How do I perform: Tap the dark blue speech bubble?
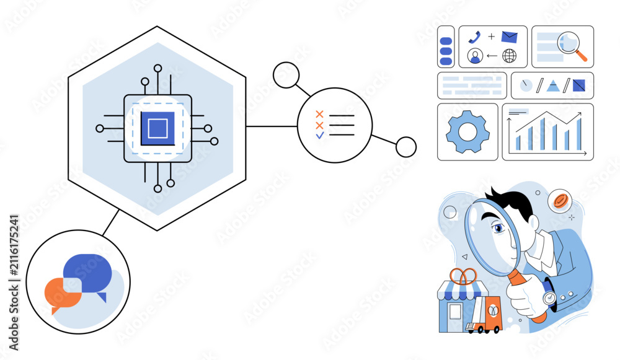click(x=89, y=273)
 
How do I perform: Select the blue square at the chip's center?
click(x=157, y=128)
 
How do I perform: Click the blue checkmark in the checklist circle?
click(x=320, y=135)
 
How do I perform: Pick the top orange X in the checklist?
click(x=319, y=114)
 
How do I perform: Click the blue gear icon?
click(x=467, y=132)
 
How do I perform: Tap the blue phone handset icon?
click(x=474, y=37)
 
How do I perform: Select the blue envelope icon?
click(x=509, y=37)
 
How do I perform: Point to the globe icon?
click(x=509, y=56)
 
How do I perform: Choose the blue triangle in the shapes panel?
click(x=552, y=86)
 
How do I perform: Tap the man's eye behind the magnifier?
click(x=498, y=228)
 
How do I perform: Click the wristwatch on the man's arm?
click(x=549, y=296)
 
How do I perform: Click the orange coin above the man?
click(x=560, y=201)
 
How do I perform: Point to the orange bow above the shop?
click(x=463, y=276)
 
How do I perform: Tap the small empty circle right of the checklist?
click(x=406, y=147)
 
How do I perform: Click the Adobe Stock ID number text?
click(x=14, y=245)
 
